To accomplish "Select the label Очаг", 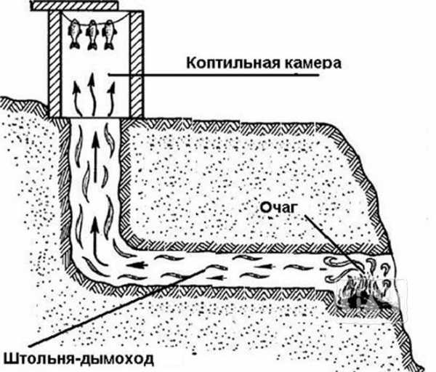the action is point(277,208).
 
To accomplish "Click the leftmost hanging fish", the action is point(75,34).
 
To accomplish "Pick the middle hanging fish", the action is point(92,35).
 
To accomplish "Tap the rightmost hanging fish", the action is point(109,34).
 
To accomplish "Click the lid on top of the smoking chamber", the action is point(75,6).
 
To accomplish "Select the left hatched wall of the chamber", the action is point(54,64).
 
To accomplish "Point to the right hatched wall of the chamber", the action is point(137,64).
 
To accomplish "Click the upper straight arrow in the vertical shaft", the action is point(96,156).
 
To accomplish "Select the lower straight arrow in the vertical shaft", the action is point(95,238).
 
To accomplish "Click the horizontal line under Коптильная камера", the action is point(214,75).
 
